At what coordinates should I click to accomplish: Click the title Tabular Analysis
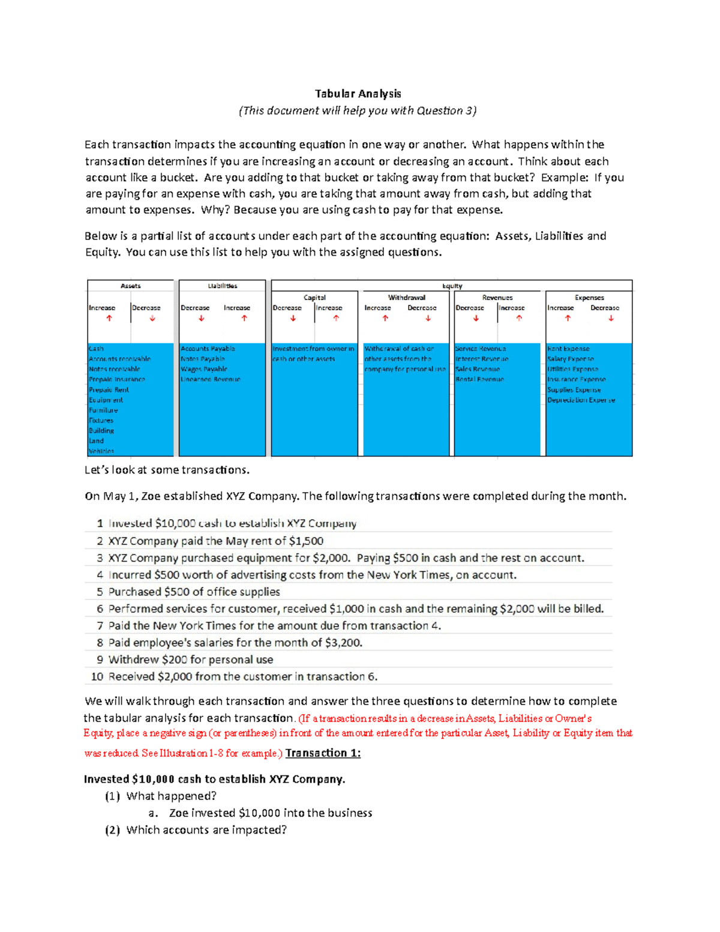(x=358, y=94)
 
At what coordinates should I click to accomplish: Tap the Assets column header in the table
(x=130, y=286)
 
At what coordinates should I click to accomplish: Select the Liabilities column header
(x=222, y=286)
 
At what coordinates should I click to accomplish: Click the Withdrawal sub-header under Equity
(x=406, y=298)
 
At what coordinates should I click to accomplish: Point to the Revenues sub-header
(x=497, y=298)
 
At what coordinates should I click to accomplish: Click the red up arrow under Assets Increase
(x=109, y=319)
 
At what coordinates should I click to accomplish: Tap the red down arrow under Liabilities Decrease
(x=202, y=319)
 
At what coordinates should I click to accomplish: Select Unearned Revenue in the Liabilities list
(x=211, y=379)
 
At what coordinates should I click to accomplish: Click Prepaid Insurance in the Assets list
(x=117, y=379)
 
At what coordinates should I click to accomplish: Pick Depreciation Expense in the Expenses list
(x=581, y=400)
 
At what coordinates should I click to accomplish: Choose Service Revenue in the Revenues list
(x=481, y=349)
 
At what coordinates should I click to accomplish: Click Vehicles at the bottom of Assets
(x=101, y=451)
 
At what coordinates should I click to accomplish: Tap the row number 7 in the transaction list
(x=100, y=626)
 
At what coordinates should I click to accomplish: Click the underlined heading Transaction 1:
(x=323, y=753)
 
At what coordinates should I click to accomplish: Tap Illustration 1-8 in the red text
(x=191, y=754)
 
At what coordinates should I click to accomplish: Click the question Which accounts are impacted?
(x=206, y=830)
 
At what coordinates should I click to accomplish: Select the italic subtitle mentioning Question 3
(x=358, y=110)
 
